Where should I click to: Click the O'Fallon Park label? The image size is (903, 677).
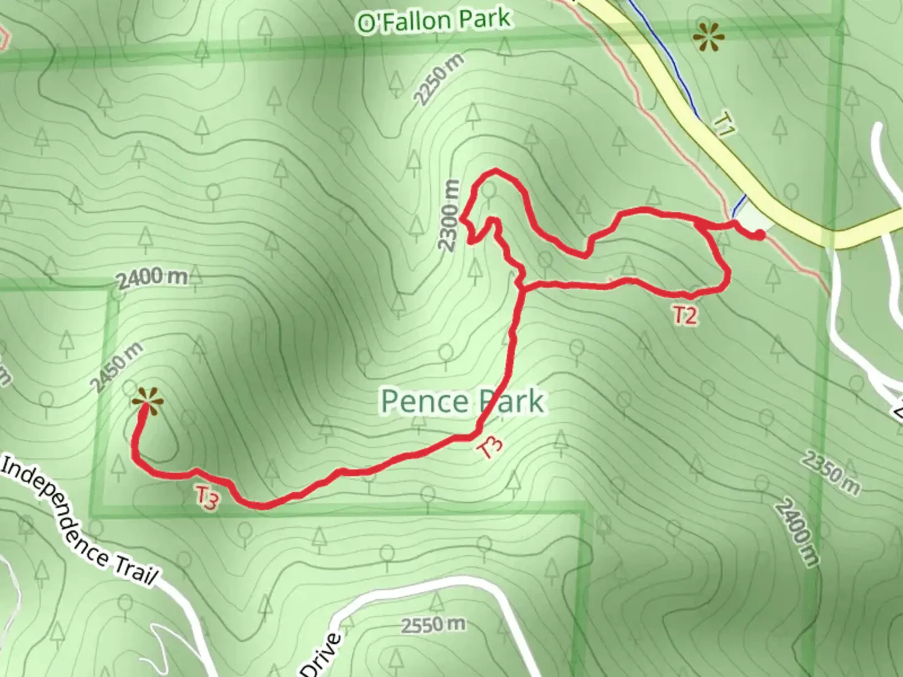tap(433, 20)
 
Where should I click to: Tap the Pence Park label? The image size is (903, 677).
tap(462, 401)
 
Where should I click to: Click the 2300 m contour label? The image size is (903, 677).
tap(450, 216)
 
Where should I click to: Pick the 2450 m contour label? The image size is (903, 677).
tap(117, 368)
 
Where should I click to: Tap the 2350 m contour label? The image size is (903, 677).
tap(830, 471)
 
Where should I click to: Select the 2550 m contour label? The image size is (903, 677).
tap(433, 624)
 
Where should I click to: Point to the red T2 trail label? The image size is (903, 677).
tap(685, 315)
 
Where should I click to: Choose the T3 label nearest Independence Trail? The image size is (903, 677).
tap(207, 498)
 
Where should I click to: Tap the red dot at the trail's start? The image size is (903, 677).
tap(759, 235)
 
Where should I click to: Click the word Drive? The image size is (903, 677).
tap(324, 656)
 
